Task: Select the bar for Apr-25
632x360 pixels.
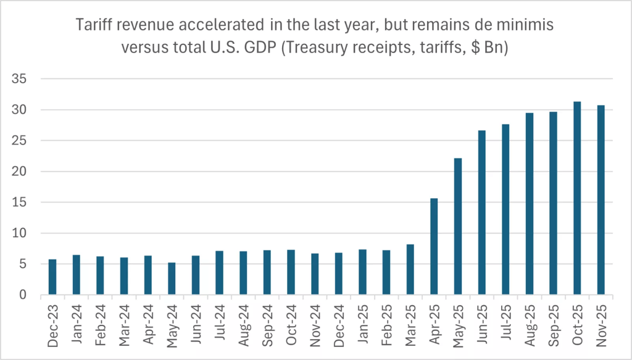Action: pos(434,246)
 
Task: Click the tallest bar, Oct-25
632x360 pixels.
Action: pos(577,198)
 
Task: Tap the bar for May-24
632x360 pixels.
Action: pos(172,278)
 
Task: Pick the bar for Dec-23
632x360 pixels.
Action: pos(52,277)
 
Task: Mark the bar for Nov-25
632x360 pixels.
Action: pos(601,200)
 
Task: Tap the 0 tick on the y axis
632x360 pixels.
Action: pos(23,295)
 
